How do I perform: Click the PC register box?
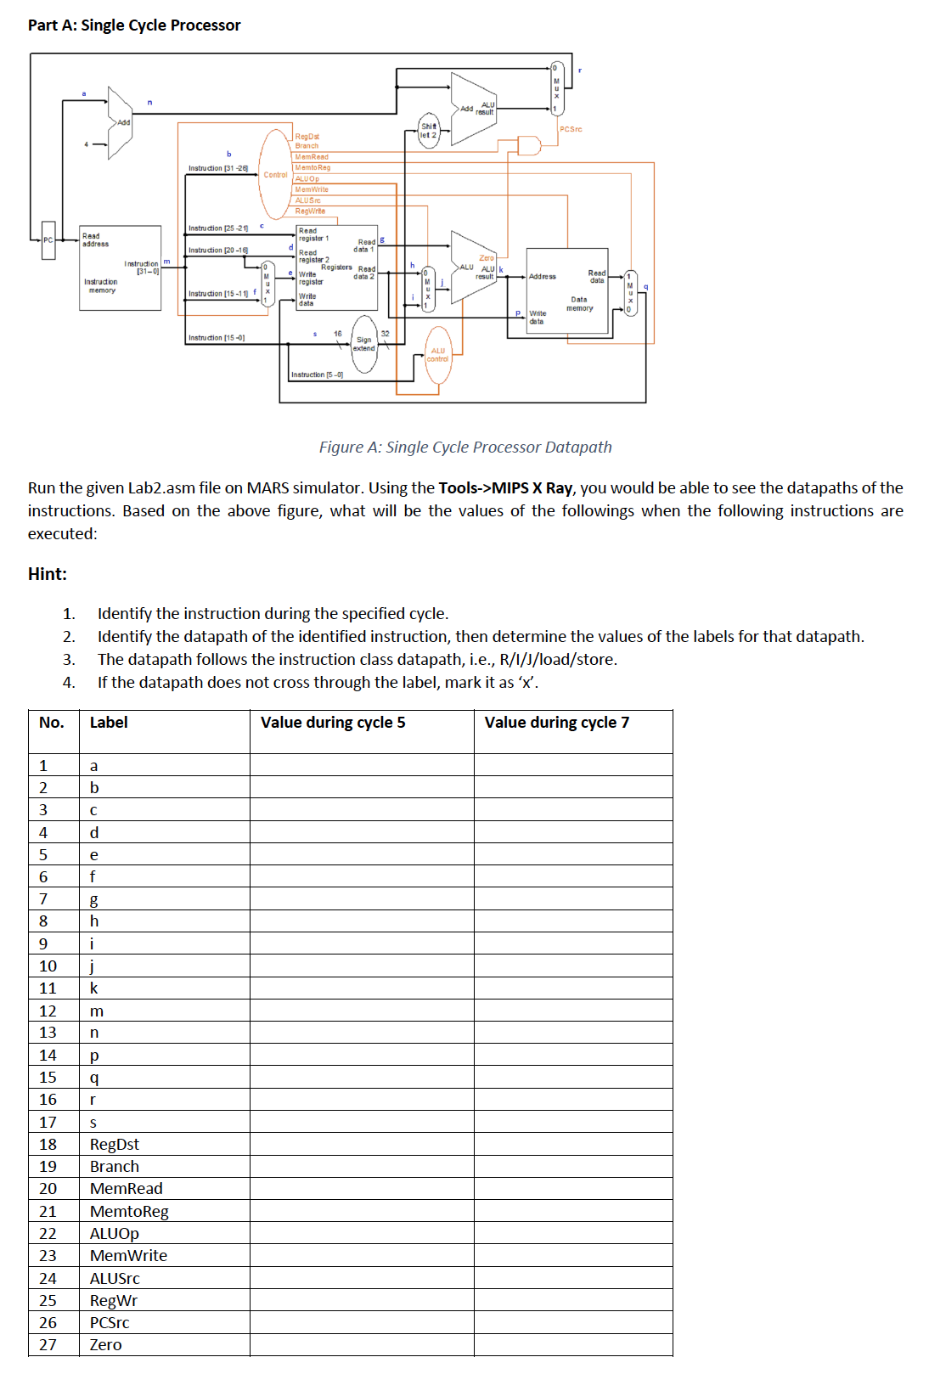click(48, 240)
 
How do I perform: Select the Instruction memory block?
click(120, 267)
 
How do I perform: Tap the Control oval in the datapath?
click(275, 174)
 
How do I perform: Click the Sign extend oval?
click(364, 344)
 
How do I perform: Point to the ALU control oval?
click(438, 355)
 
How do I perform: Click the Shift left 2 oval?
click(429, 130)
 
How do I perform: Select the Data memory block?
click(567, 290)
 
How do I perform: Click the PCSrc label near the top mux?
click(571, 129)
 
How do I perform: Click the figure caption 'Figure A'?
click(464, 447)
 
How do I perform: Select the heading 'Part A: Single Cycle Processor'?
click(134, 25)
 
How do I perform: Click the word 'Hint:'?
click(48, 574)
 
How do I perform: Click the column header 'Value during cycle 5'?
click(333, 723)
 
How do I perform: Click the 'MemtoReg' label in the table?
click(129, 1212)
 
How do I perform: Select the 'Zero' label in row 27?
click(106, 1345)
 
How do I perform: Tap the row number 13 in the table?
click(48, 1033)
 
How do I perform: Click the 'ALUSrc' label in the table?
click(115, 1279)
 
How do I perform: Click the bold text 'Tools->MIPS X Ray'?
click(505, 488)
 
